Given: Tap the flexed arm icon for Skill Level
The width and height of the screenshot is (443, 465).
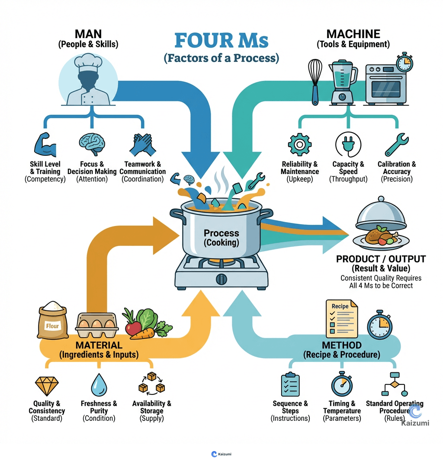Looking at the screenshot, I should click(x=45, y=145).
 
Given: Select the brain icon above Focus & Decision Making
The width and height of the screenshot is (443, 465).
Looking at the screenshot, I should click(x=92, y=145).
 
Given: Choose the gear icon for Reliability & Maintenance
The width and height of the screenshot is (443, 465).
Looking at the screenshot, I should click(x=299, y=145).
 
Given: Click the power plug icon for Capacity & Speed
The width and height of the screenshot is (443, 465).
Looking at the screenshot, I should click(x=348, y=145).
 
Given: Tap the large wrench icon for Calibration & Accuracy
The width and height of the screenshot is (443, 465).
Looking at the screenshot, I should click(x=396, y=145).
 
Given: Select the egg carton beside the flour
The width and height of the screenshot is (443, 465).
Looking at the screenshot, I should click(x=97, y=325).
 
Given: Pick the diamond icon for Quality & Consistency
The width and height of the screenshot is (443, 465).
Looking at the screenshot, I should click(x=46, y=386).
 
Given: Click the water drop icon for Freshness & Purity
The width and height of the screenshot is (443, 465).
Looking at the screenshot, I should click(x=99, y=385).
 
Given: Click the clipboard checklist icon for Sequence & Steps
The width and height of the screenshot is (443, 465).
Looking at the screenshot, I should click(x=290, y=384).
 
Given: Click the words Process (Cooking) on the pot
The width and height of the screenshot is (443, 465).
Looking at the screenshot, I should click(x=221, y=238).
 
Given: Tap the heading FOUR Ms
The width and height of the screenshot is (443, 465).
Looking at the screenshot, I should click(x=221, y=41).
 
